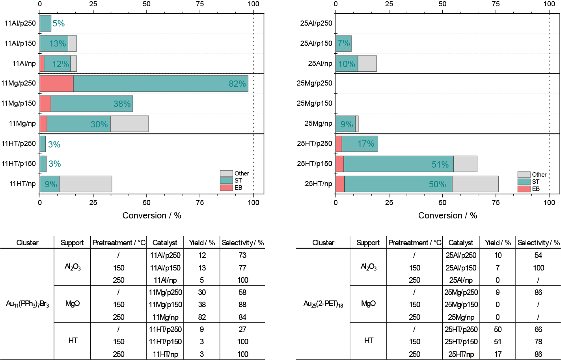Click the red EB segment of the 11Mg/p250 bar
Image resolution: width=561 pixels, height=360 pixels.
click(56, 84)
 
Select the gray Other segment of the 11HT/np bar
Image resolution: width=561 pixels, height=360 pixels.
click(85, 184)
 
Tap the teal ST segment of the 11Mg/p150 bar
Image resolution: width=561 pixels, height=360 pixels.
click(91, 104)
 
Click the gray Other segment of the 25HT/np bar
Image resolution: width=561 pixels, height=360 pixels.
click(475, 184)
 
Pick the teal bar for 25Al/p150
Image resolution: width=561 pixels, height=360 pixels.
click(343, 43)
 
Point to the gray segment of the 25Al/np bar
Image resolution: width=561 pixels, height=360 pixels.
click(367, 63)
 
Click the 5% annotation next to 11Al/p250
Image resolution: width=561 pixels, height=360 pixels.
click(58, 24)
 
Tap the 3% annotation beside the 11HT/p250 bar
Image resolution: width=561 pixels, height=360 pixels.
click(54, 145)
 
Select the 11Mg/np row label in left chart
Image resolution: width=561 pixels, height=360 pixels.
click(22, 123)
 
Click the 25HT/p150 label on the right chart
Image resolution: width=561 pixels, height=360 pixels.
click(314, 164)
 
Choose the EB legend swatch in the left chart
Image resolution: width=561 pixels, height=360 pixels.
click(226, 188)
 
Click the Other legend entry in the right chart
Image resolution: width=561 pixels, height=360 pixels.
click(539, 175)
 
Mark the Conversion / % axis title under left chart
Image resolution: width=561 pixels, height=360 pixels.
click(152, 215)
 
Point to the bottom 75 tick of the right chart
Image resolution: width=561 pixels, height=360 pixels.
click(496, 202)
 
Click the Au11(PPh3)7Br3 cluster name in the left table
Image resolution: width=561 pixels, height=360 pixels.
click(27, 304)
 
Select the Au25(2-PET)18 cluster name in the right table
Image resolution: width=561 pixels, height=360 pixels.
click(323, 304)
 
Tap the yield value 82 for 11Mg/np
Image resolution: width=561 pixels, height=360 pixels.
click(202, 317)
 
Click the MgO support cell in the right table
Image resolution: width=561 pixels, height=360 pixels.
click(368, 304)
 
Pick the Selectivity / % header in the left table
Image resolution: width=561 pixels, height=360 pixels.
click(242, 243)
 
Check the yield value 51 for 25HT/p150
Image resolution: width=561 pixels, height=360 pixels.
click(498, 341)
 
